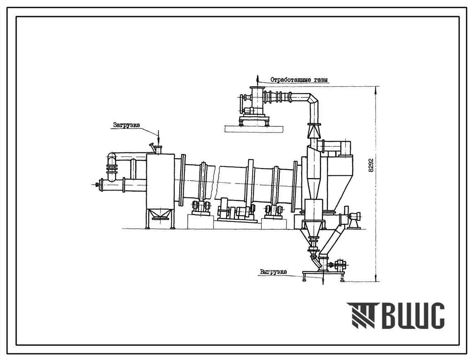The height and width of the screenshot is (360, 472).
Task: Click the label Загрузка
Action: (x=126, y=125)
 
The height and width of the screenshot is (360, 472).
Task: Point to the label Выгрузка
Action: (x=274, y=272)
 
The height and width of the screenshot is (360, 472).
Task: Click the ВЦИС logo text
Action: (x=414, y=315)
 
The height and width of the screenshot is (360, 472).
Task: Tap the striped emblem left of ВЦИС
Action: (x=364, y=315)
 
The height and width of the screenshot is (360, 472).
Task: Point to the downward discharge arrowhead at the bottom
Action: (x=323, y=281)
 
